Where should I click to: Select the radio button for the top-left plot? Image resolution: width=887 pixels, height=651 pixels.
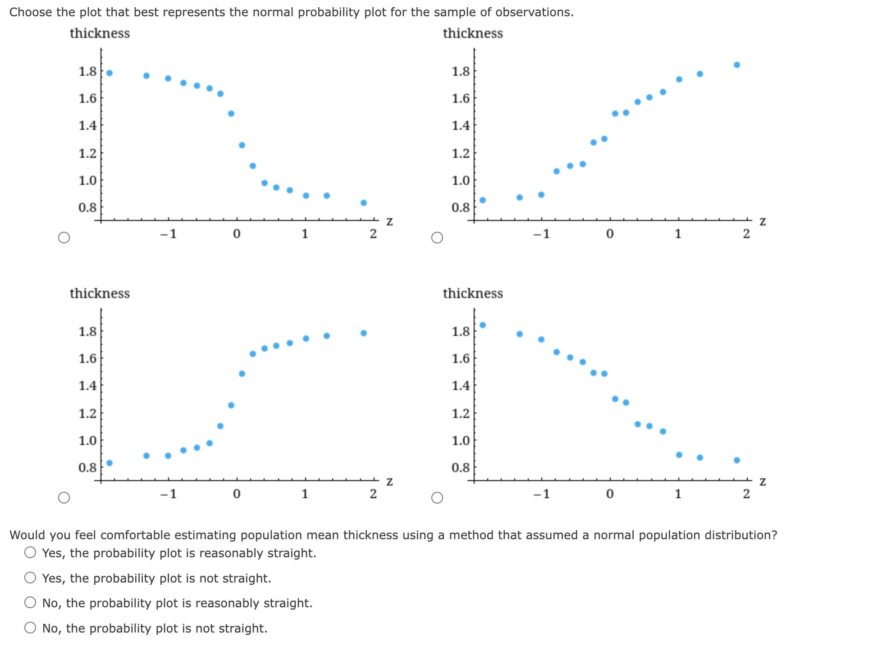click(x=64, y=238)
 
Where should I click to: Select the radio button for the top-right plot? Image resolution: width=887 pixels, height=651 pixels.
click(x=437, y=238)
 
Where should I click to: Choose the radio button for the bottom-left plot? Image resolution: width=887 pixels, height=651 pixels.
click(x=64, y=498)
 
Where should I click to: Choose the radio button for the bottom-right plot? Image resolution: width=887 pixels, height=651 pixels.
click(x=437, y=498)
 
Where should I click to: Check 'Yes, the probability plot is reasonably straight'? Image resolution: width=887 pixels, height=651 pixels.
click(x=30, y=552)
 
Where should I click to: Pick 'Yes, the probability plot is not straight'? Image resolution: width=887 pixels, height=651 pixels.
click(x=30, y=578)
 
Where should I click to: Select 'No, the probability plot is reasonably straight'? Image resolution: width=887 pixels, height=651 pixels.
click(x=30, y=602)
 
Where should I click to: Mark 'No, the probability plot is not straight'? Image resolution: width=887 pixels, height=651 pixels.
click(x=30, y=628)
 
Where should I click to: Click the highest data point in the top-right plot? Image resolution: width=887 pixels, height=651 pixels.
click(x=736, y=65)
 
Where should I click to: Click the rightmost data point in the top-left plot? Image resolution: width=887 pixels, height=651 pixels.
click(x=363, y=203)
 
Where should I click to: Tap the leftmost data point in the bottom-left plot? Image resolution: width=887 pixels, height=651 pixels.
click(x=109, y=463)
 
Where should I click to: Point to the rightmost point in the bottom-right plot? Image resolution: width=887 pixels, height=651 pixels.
click(x=736, y=460)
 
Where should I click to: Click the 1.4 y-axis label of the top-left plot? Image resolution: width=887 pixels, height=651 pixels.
click(x=87, y=125)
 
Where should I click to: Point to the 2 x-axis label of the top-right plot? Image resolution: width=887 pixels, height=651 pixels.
click(x=746, y=234)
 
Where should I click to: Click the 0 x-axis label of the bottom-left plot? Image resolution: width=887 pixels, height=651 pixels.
click(x=237, y=494)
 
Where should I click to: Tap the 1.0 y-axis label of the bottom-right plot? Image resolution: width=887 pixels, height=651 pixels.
click(x=461, y=440)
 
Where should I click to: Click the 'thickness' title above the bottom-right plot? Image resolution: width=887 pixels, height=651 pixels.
click(x=472, y=293)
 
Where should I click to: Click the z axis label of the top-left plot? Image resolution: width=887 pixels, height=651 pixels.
click(x=389, y=222)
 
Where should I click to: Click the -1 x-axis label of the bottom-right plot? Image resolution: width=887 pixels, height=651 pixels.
click(x=542, y=494)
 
